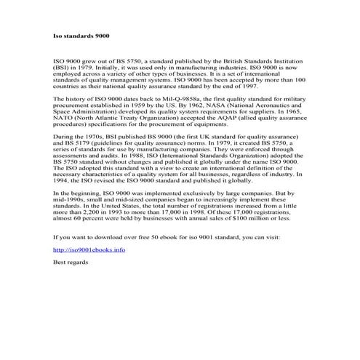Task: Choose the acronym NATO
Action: tap(65, 119)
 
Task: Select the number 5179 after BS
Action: tap(83, 143)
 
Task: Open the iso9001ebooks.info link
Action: tap(89, 249)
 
